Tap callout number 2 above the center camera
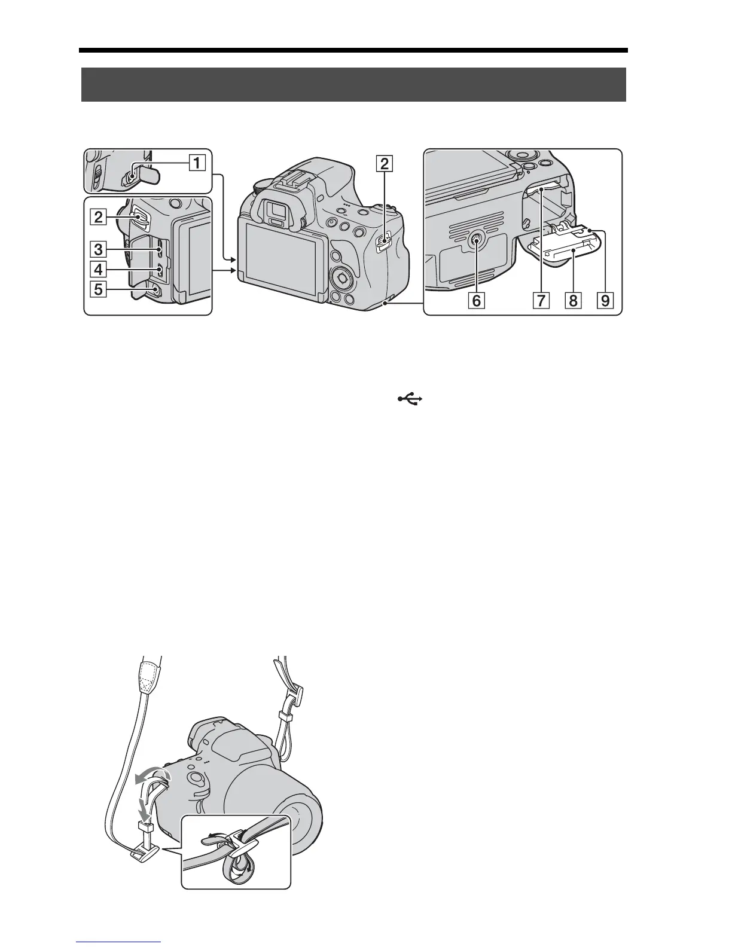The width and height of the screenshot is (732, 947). [385, 163]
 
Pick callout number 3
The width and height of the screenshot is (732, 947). [99, 249]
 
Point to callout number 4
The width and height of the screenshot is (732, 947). [99, 270]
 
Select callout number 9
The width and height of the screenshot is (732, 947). [605, 300]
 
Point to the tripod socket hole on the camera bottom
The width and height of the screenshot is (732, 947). [476, 241]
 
